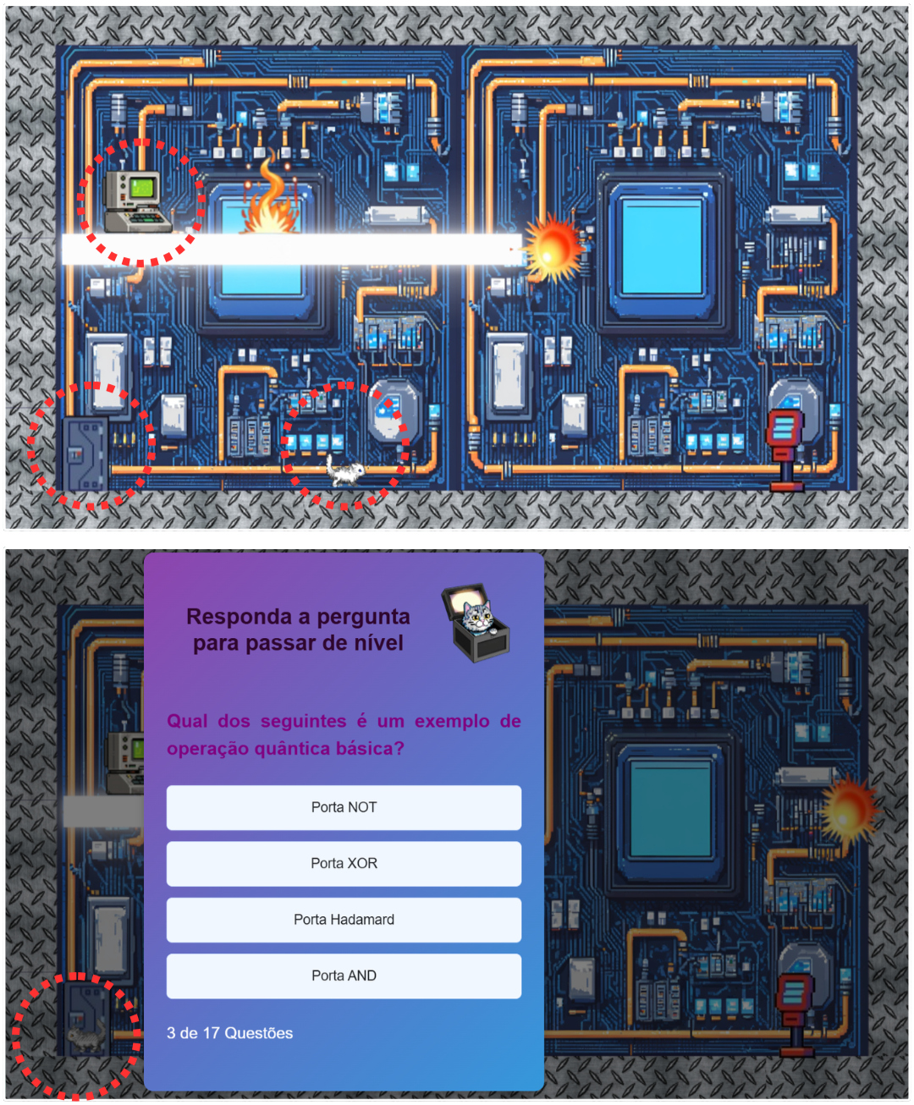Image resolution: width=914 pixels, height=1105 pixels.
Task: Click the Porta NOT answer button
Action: [x=344, y=807]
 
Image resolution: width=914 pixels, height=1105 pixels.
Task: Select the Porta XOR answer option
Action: [x=344, y=863]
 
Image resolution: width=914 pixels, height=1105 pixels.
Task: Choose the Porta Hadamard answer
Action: [x=344, y=919]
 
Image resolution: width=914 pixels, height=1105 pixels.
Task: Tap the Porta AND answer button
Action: [x=344, y=976]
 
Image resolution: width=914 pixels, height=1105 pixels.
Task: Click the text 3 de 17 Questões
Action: [x=229, y=1033]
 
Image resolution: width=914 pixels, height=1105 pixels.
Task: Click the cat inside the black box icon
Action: [x=477, y=618]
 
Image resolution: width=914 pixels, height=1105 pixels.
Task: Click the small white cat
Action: [x=344, y=470]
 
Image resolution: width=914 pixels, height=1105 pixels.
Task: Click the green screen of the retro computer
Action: [x=141, y=188]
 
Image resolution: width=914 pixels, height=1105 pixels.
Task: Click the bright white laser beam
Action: [x=292, y=249]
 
